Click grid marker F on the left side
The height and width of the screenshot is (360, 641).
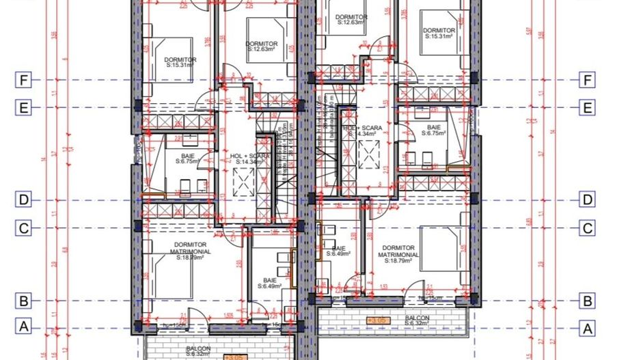pos(24,81)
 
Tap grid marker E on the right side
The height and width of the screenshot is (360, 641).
pos(586,108)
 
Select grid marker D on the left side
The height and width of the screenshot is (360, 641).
pos(24,200)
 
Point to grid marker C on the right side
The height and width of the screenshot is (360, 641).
pos(586,228)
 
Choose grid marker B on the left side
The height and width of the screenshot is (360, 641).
pos(24,300)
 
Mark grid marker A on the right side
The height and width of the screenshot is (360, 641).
pos(586,327)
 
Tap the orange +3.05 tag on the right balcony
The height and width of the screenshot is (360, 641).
pos(376,320)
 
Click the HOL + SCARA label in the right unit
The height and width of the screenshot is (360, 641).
pos(362,130)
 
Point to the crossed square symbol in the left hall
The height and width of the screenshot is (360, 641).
pos(243,181)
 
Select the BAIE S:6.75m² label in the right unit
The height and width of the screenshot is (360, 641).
pos(434,130)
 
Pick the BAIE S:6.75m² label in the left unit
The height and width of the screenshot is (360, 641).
pos(188,158)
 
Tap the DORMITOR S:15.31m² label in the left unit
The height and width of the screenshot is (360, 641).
pos(180,63)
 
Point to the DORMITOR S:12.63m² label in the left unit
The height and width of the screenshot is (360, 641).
pos(260,46)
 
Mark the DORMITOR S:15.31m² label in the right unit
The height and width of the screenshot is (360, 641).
pos(439,33)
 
